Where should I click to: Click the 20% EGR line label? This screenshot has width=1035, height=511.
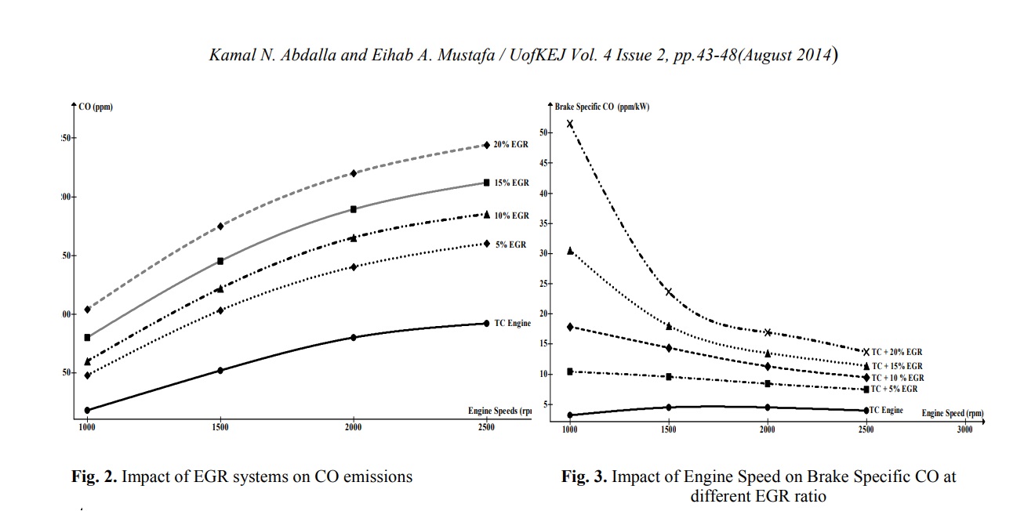tap(510, 145)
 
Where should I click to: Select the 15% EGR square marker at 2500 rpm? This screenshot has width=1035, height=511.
tap(487, 183)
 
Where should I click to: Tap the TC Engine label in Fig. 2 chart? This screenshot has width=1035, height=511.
tap(512, 323)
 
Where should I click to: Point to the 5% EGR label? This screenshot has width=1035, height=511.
tap(510, 245)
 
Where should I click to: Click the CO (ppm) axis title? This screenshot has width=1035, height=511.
tap(96, 107)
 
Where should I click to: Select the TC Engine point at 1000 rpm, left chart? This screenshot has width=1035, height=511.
tap(87, 410)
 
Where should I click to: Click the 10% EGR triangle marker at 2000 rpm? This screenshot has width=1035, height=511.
tap(354, 237)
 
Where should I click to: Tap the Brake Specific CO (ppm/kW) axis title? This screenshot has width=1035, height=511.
tap(602, 106)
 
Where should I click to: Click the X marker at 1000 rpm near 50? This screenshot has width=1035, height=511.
tap(570, 124)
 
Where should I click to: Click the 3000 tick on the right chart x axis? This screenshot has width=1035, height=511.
tap(964, 429)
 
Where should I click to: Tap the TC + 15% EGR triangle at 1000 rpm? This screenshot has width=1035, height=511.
tap(570, 251)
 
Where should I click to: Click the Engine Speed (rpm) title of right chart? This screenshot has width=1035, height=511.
tap(952, 413)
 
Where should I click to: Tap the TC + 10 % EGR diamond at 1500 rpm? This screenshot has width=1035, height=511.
tap(669, 347)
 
